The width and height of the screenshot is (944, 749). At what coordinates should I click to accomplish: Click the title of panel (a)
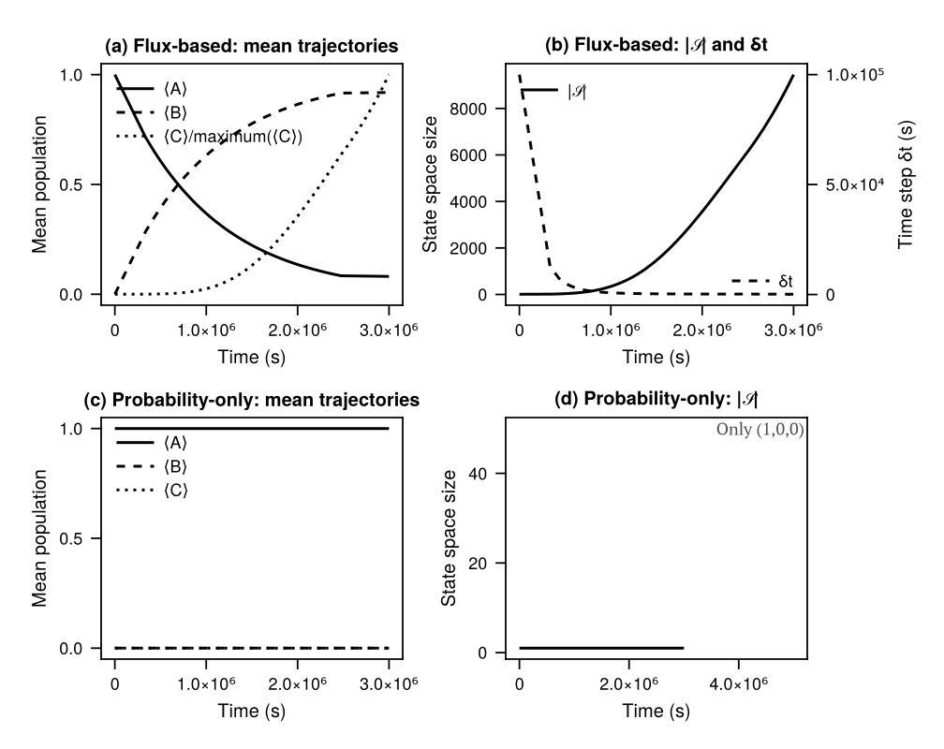pyautogui.click(x=252, y=45)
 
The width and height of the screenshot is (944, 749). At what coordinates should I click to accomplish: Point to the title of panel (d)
pyautogui.click(x=656, y=400)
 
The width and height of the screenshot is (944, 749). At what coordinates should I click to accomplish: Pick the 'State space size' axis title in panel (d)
pyautogui.click(x=450, y=538)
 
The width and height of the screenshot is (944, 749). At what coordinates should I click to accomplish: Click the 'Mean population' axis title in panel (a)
pyautogui.click(x=40, y=184)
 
